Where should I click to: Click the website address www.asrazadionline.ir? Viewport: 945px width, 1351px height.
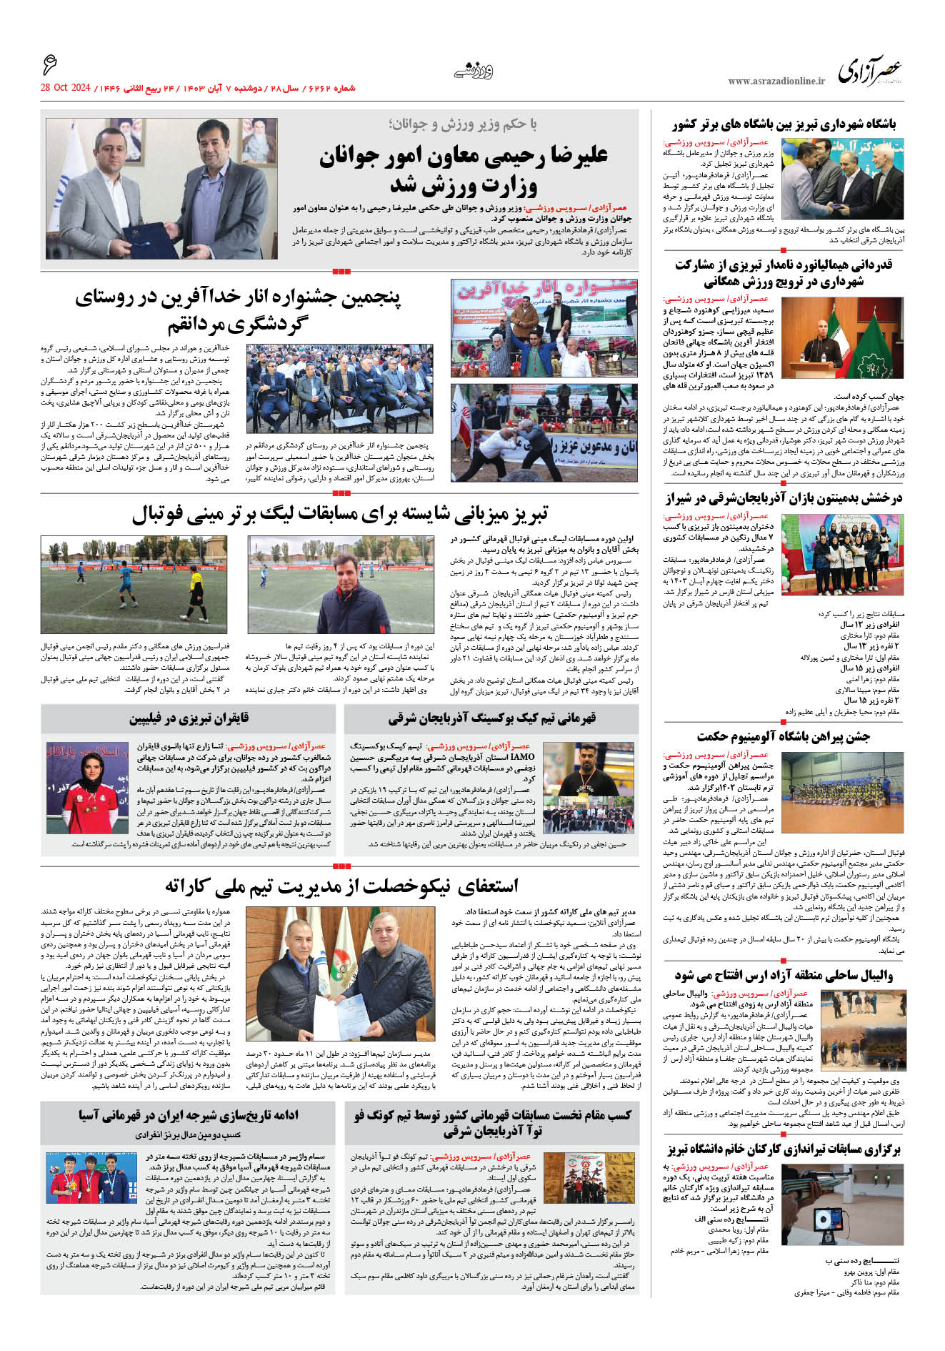776,81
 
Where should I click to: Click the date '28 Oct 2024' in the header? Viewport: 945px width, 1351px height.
65,88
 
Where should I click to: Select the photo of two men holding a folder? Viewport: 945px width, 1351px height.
161,188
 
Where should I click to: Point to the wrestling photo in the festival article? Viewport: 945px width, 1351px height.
544,433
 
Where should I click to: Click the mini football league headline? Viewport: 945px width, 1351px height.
340,513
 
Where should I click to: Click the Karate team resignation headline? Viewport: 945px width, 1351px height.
341,886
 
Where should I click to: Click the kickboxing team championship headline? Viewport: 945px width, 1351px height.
491,718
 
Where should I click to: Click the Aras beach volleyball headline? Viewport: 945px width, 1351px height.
784,975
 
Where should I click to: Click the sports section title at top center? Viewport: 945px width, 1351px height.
474,71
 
